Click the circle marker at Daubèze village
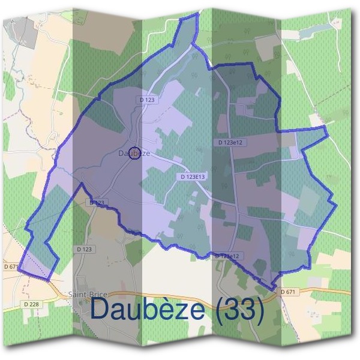coord(135,154)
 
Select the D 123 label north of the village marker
coord(146,100)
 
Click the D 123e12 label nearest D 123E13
coord(230,142)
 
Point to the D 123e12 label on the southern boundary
coord(227,256)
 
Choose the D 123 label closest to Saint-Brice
coord(85,248)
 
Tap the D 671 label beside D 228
coord(11,266)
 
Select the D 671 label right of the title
coord(289,292)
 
